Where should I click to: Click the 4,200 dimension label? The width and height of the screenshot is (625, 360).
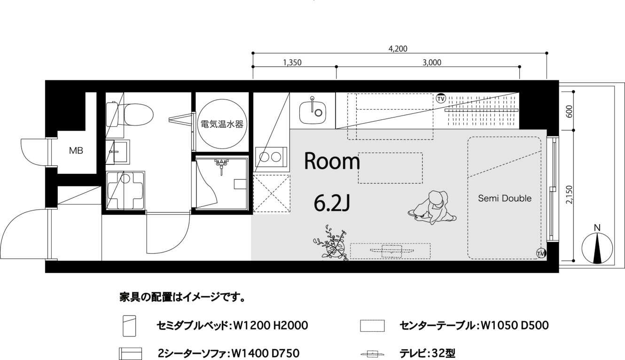click(398, 49)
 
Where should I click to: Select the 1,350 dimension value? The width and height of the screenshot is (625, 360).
click(292, 63)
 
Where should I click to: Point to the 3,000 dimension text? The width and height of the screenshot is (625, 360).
click(432, 63)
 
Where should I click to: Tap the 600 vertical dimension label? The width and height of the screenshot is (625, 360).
click(570, 111)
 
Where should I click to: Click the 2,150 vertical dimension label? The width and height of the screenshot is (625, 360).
click(570, 195)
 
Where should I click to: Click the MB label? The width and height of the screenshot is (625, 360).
click(76, 151)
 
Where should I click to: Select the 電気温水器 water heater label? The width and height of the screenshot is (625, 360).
click(222, 124)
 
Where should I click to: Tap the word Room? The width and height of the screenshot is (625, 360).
click(332, 161)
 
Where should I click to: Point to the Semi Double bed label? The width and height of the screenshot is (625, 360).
click(505, 198)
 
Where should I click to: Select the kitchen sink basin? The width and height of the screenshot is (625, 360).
click(312, 112)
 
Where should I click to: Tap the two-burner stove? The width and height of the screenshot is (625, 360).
click(270, 157)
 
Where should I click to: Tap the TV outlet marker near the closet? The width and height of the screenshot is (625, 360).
click(441, 99)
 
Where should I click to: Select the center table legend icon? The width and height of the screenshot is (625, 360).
click(372, 326)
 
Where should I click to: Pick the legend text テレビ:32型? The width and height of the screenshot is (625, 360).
click(427, 353)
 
